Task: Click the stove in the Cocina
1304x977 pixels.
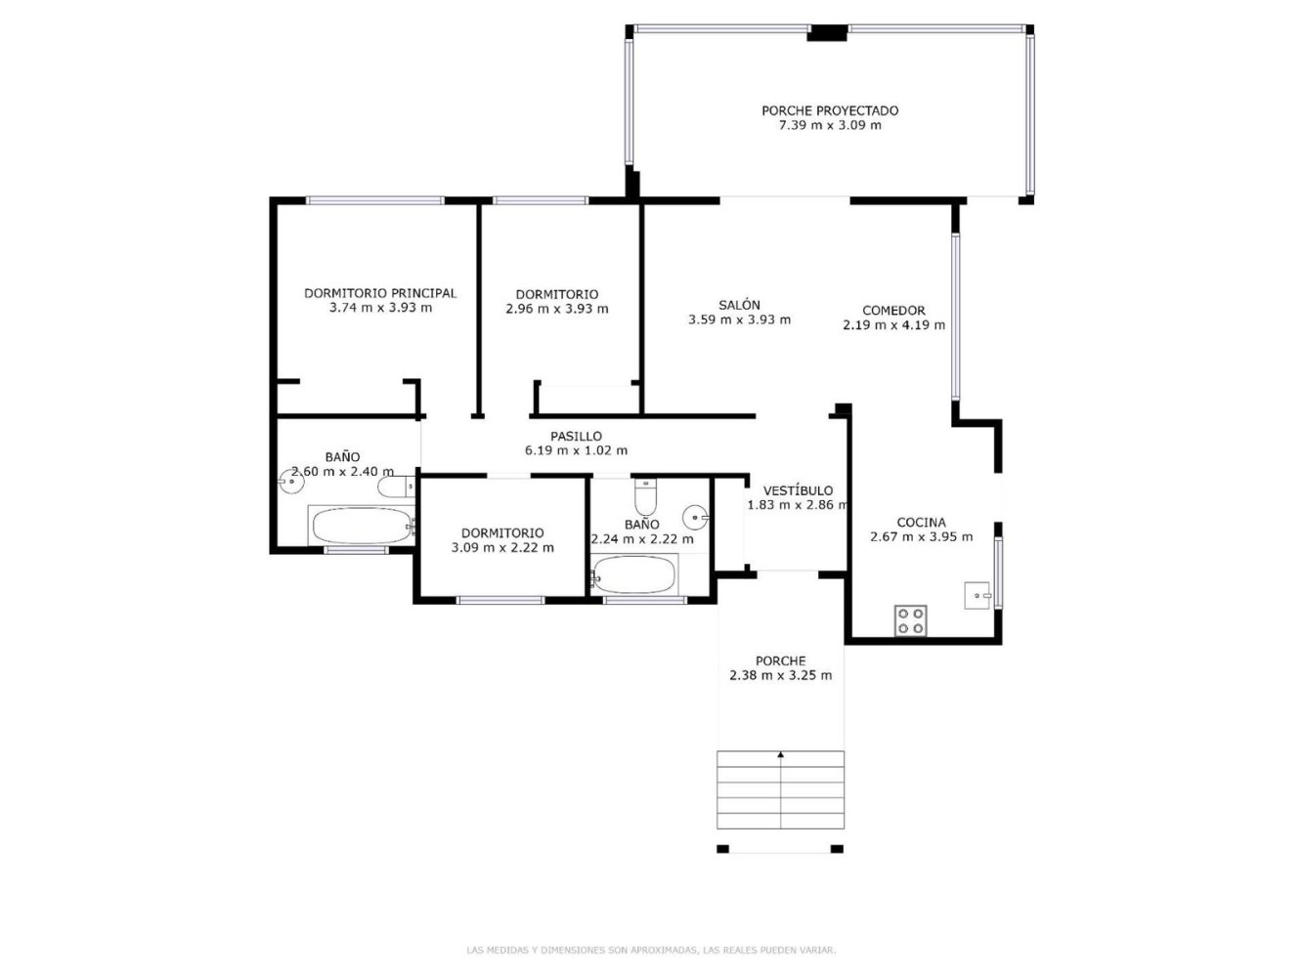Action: (x=911, y=621)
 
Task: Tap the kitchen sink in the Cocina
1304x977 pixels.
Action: (x=978, y=594)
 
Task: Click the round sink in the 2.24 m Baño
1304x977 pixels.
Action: (x=696, y=515)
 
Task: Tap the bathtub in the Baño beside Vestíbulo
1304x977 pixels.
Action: (x=634, y=574)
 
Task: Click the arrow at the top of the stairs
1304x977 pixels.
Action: (x=780, y=754)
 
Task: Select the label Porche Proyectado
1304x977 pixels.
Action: (x=830, y=110)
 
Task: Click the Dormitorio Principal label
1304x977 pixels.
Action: (x=380, y=293)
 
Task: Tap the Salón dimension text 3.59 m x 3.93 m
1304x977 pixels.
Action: (x=739, y=319)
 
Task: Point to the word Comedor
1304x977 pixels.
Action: (x=893, y=311)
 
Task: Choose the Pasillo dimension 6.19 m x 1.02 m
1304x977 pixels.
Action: (x=576, y=450)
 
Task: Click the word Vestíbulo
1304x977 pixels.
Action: (x=798, y=490)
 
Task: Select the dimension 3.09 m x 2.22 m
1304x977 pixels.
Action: (x=502, y=547)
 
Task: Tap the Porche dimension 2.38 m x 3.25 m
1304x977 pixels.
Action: (x=780, y=675)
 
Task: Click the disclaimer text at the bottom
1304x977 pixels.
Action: (x=652, y=950)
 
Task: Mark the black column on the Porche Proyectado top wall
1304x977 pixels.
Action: (x=827, y=33)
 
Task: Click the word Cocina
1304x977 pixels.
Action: (x=921, y=523)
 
